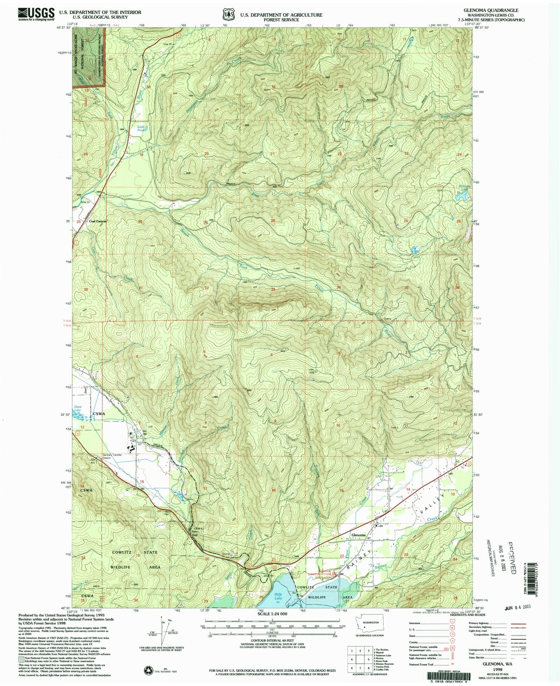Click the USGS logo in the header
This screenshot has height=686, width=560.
(36, 14)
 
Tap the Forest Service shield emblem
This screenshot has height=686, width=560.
(228, 15)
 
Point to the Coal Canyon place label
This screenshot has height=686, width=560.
(98, 221)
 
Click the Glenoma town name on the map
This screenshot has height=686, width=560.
(358, 535)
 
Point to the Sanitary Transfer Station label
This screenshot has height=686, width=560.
(112, 456)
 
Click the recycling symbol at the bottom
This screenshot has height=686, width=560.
(148, 670)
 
